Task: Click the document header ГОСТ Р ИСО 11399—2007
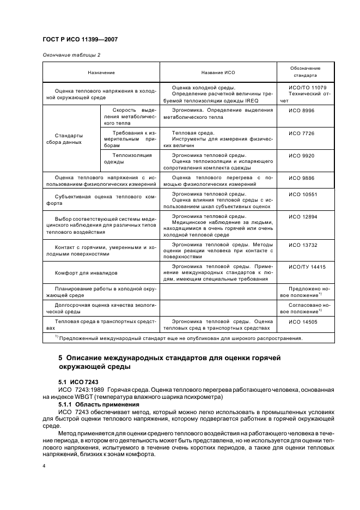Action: click(x=81, y=40)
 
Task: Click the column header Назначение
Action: click(x=101, y=72)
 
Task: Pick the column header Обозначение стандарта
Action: click(x=304, y=72)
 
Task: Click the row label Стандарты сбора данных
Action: click(x=70, y=139)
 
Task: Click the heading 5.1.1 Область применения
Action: click(x=91, y=405)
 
